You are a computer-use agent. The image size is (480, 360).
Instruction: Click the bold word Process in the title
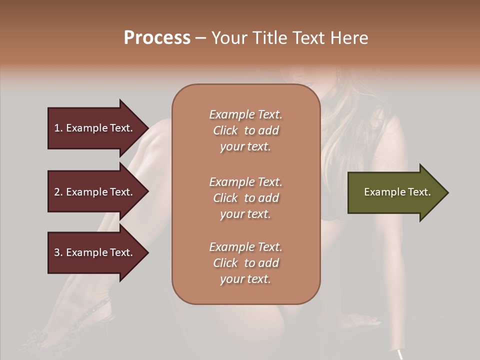click(157, 38)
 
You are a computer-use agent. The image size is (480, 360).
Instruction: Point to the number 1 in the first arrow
click(56, 128)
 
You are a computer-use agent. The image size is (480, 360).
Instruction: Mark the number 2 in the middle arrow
click(56, 192)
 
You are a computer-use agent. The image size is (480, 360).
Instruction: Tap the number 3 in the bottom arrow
click(56, 252)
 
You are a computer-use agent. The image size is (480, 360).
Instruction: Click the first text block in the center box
click(245, 130)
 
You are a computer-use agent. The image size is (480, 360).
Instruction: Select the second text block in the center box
click(245, 198)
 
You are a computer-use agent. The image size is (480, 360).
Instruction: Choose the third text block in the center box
click(245, 263)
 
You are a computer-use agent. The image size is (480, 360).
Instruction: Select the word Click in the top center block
click(225, 130)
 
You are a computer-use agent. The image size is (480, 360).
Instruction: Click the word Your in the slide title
click(228, 38)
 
